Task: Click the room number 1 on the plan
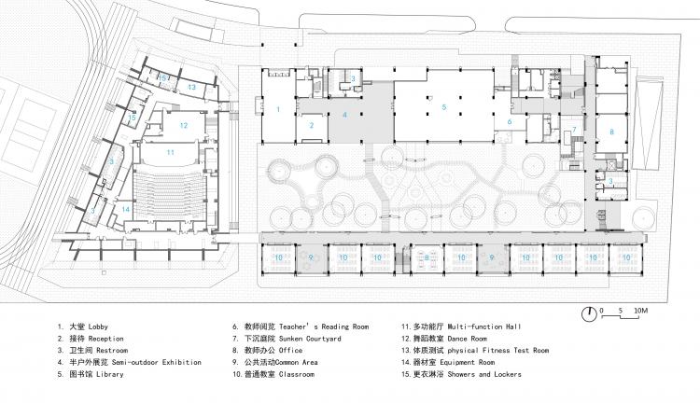point(277,110)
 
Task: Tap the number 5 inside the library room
point(443,108)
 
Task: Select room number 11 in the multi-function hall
point(171,151)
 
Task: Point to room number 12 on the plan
point(184,125)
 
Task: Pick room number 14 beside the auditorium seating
point(125,209)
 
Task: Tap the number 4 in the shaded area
point(344,116)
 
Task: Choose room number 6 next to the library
point(511,121)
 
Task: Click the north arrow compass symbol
point(590,312)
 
